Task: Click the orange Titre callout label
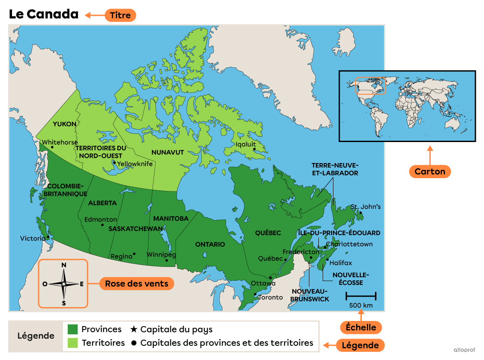pyautogui.click(x=121, y=15)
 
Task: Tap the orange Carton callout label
pyautogui.click(x=430, y=172)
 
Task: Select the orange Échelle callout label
pyautogui.click(x=361, y=327)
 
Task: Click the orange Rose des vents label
pyautogui.click(x=137, y=284)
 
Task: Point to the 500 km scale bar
pyautogui.click(x=361, y=296)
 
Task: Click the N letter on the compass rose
pyautogui.click(x=64, y=265)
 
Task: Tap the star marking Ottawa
pyautogui.click(x=270, y=278)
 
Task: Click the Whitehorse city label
pyautogui.click(x=60, y=142)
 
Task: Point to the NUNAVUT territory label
pyautogui.click(x=167, y=152)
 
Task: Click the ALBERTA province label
pyautogui.click(x=102, y=203)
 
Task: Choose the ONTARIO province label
pyautogui.click(x=210, y=244)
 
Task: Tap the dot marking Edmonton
pyautogui.click(x=102, y=225)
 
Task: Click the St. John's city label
pyautogui.click(x=366, y=207)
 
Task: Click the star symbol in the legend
pyautogui.click(x=133, y=330)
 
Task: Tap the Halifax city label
pyautogui.click(x=341, y=263)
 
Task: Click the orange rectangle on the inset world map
pyautogui.click(x=371, y=85)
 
